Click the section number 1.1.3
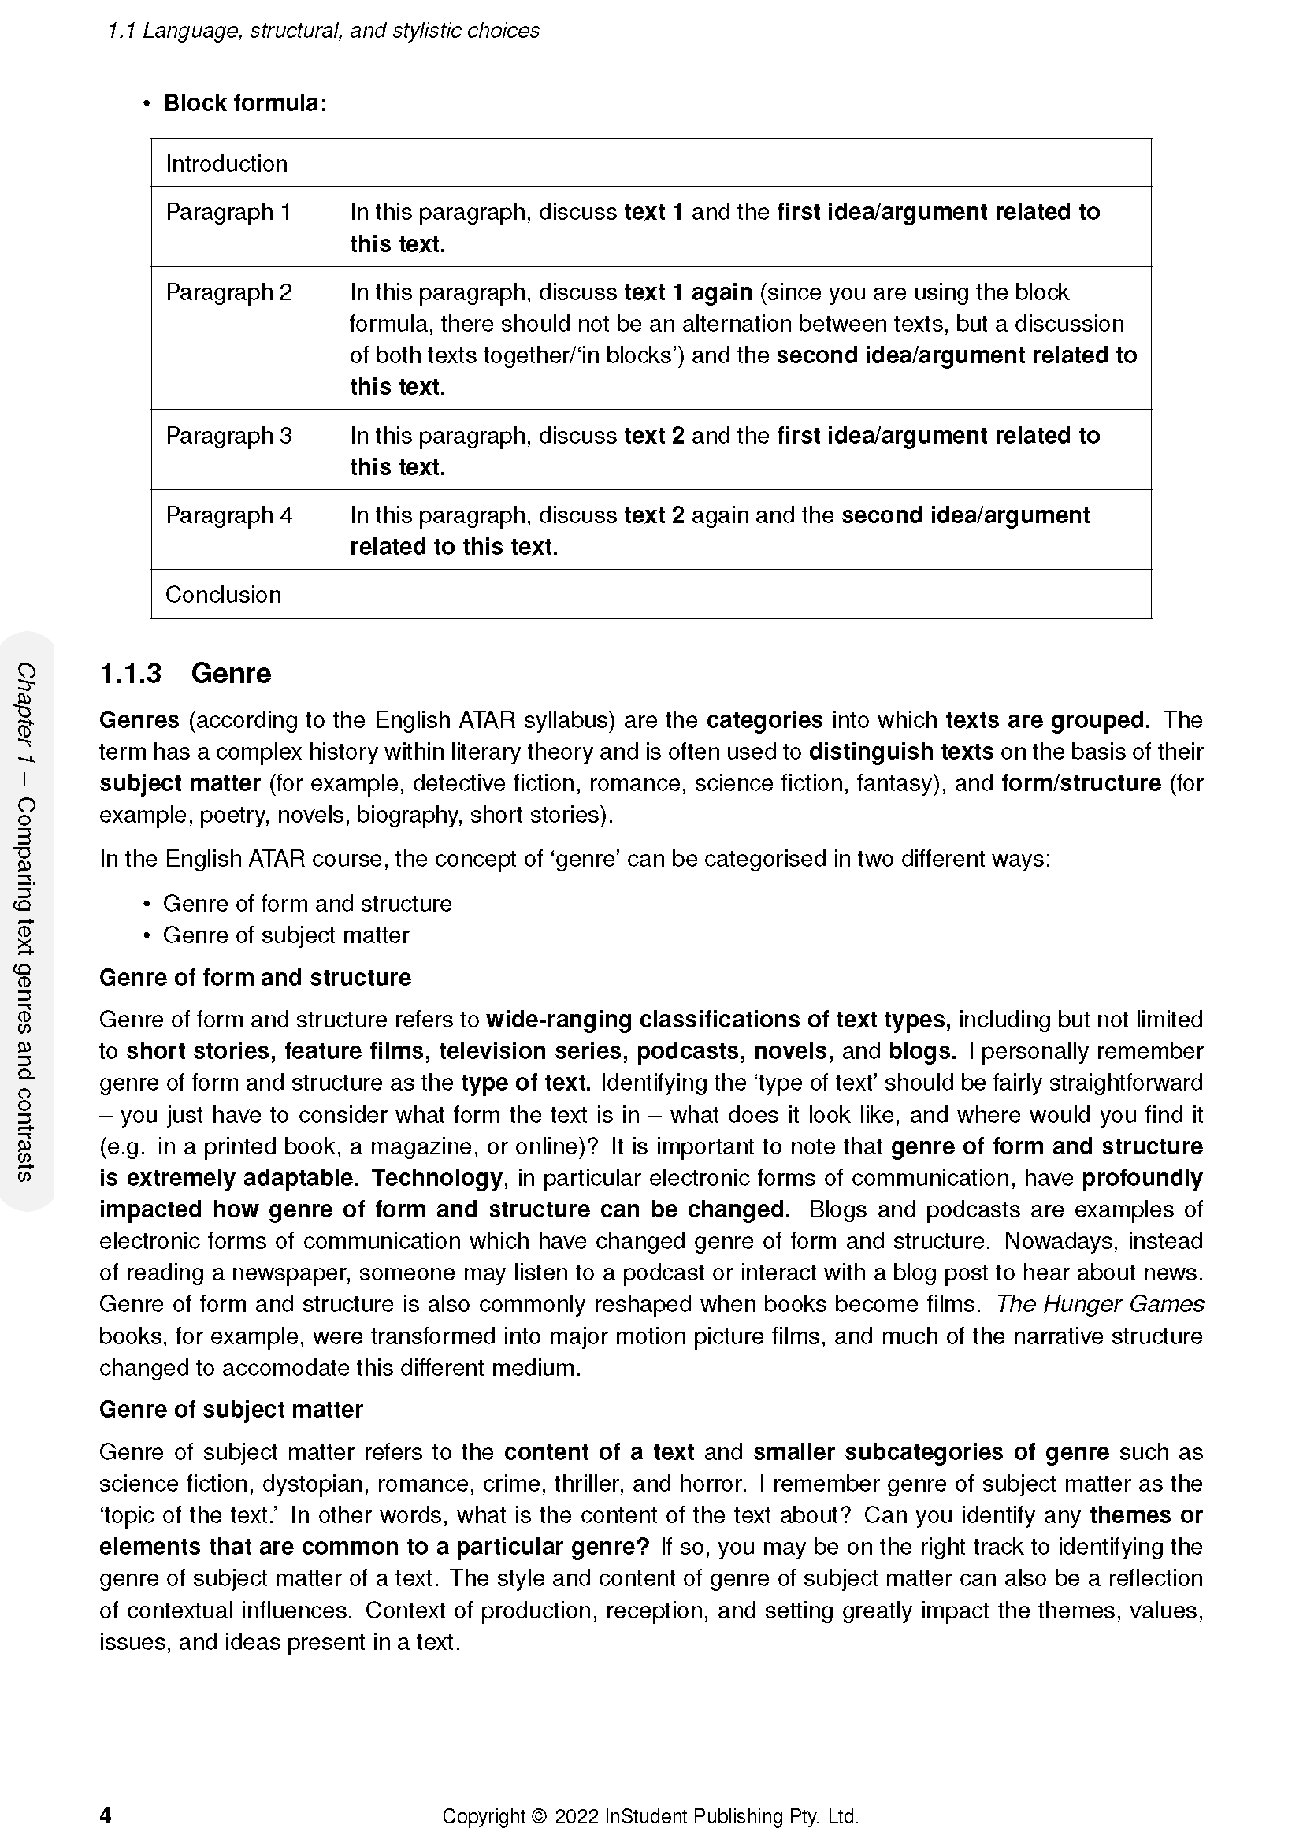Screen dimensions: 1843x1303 point(130,673)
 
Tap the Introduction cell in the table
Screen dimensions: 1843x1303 point(226,164)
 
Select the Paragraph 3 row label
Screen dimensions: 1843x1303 point(228,436)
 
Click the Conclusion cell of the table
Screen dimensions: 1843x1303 point(223,595)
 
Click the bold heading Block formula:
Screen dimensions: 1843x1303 point(245,103)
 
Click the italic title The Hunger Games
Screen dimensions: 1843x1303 point(1099,1304)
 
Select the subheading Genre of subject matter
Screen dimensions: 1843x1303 point(231,1410)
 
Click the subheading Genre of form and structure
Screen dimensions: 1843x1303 point(255,977)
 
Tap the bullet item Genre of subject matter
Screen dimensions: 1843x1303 point(286,935)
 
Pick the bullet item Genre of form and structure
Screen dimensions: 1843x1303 point(307,904)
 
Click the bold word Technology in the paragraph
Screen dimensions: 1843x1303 point(436,1178)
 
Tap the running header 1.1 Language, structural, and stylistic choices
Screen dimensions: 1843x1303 point(323,32)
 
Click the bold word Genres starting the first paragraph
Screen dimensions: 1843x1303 point(139,720)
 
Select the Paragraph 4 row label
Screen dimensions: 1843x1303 point(228,515)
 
